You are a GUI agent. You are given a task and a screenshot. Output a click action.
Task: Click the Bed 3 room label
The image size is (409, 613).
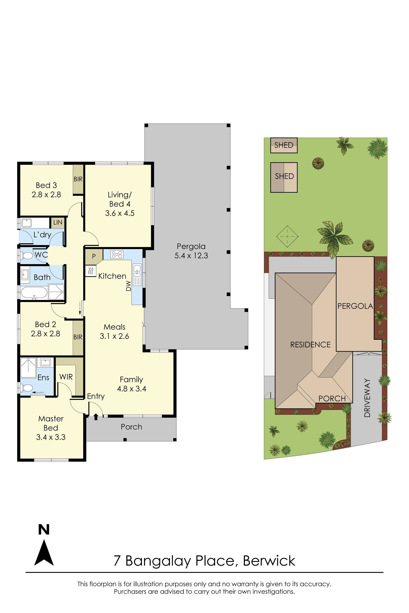pos(46,185)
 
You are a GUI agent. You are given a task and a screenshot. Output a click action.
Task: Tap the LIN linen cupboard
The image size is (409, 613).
pos(58,222)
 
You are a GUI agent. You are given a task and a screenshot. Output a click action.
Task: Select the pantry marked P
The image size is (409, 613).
pos(94,256)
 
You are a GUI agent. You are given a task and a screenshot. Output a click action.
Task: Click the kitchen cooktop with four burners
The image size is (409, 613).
pos(117,254)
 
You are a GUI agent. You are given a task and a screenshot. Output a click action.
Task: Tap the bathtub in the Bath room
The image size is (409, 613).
pos(34,292)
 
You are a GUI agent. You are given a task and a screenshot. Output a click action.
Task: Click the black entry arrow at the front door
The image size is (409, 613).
pos(96,417)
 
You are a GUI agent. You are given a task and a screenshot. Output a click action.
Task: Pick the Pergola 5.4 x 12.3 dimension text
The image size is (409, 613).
pos(191,256)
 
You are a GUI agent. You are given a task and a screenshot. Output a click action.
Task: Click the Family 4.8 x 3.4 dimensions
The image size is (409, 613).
pos(131,389)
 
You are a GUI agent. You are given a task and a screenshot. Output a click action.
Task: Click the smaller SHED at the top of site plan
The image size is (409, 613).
pos(284,145)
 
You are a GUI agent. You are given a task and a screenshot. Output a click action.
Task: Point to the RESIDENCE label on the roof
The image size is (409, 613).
pos(310,345)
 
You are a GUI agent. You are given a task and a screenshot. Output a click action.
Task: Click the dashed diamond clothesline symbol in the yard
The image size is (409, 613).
pos(287,236)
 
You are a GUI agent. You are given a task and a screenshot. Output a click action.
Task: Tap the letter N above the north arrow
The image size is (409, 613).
pos(44,530)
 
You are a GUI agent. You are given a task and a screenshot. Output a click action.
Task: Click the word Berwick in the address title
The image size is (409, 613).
pos(269,561)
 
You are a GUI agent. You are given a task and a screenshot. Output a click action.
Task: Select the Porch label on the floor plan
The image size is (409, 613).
pos(131,427)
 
